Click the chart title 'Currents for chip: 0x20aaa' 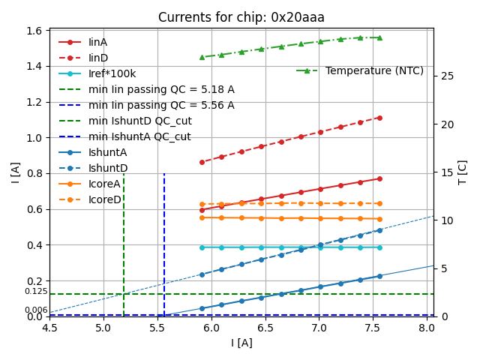pyautogui.click(x=241, y=17)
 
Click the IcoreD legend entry pyautogui.click(x=104, y=199)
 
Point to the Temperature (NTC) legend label pyautogui.click(x=374, y=70)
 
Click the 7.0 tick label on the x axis pyautogui.click(x=319, y=328)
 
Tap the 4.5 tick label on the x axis pyautogui.click(x=49, y=328)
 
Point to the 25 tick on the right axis pyautogui.click(x=444, y=76)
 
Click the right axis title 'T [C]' pyautogui.click(x=463, y=172)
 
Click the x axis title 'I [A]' pyautogui.click(x=241, y=343)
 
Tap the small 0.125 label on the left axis pyautogui.click(x=35, y=291)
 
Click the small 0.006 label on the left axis pyautogui.click(x=35, y=310)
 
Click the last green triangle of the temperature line pyautogui.click(x=379, y=37)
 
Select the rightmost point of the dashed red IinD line pyautogui.click(x=379, y=118)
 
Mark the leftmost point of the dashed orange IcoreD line pyautogui.click(x=202, y=204)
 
